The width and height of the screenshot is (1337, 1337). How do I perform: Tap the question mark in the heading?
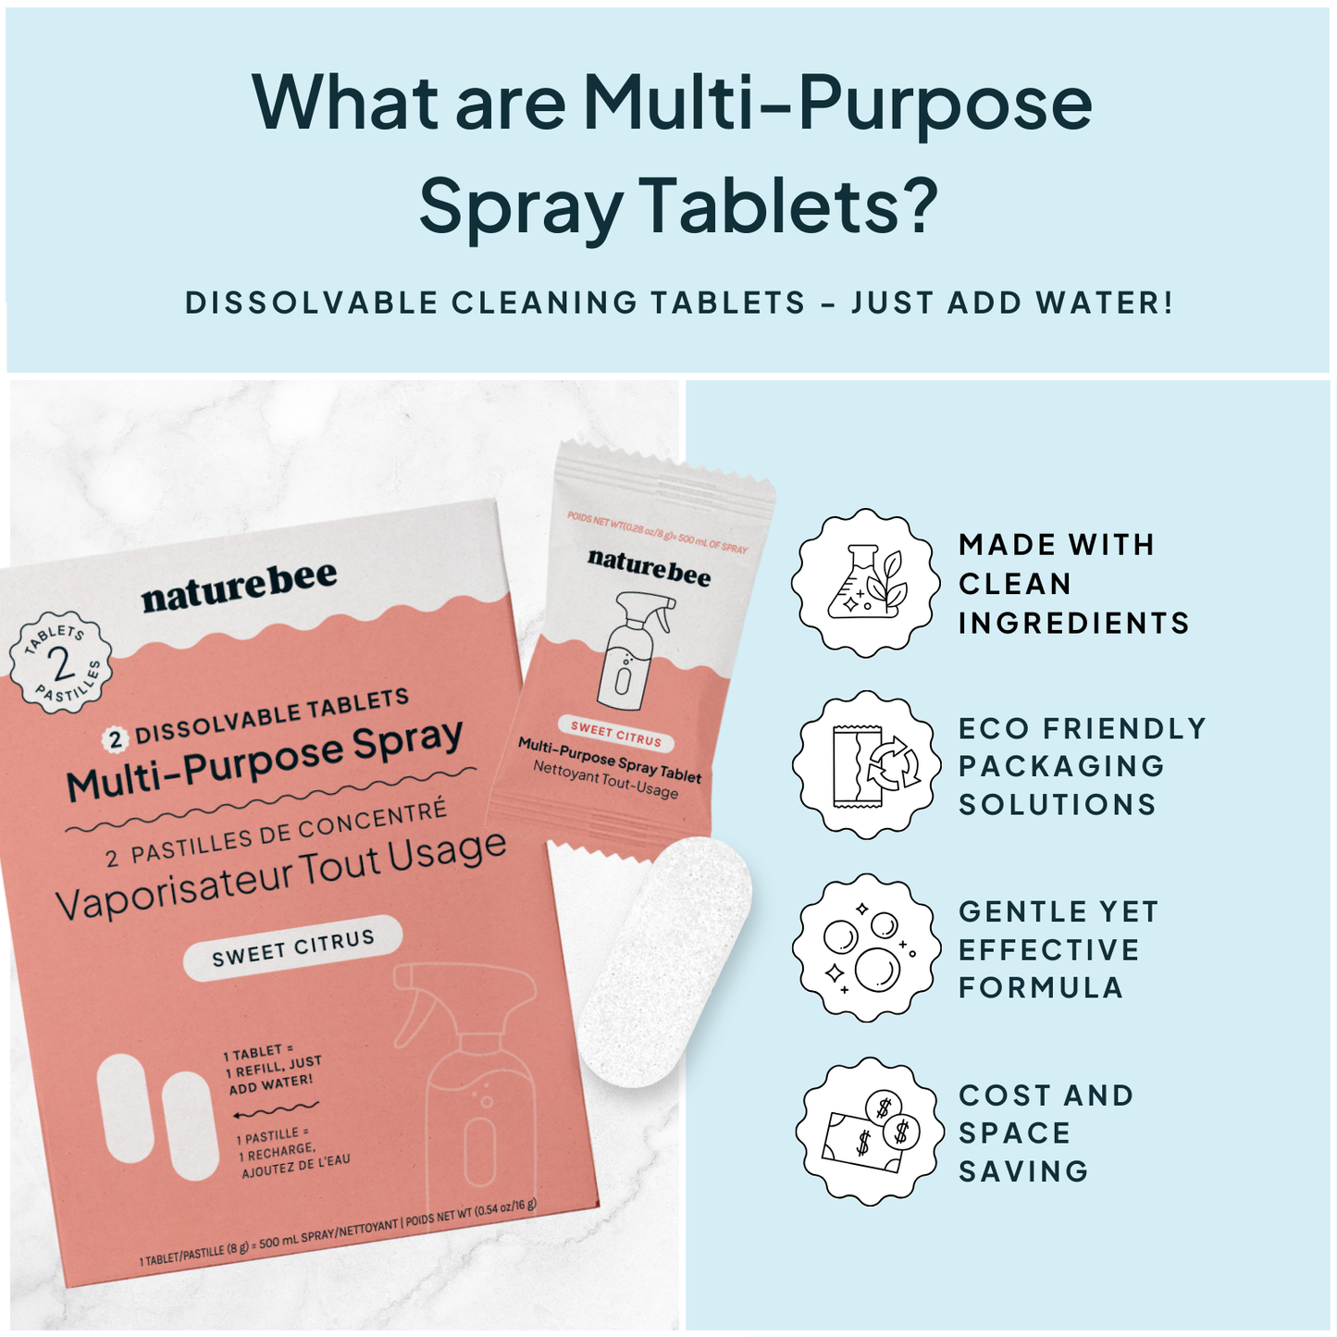917,204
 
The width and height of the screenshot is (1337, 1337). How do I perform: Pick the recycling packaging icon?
867,764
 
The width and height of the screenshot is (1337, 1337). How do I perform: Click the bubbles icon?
867,947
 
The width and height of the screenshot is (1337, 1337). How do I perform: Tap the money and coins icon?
870,1131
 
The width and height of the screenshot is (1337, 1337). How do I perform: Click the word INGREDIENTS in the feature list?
1073,623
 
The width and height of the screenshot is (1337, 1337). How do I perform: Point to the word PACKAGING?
1061,766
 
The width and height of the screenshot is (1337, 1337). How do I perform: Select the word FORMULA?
1040,987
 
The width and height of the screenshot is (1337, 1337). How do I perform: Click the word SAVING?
1023,1171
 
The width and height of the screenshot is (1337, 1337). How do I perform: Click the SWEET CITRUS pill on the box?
292,948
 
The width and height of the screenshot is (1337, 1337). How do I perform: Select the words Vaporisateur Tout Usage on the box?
281,876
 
